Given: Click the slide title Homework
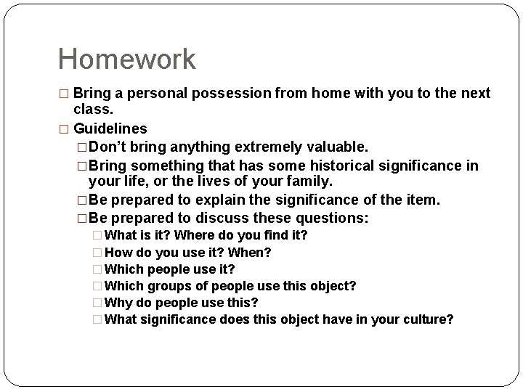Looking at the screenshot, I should tap(126, 60).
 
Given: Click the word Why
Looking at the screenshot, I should tap(118, 302).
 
